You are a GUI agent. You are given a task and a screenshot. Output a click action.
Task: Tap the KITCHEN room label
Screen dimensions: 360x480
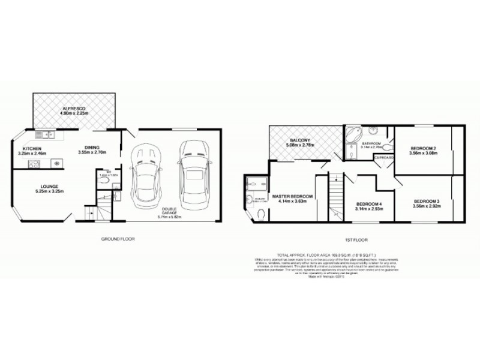(x=32, y=148)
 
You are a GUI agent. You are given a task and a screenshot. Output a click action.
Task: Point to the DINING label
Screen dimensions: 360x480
(x=92, y=148)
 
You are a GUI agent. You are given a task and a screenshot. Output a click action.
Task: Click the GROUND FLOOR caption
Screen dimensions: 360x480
(x=118, y=238)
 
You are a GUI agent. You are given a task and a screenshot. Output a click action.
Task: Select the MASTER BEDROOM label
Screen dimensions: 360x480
(x=293, y=196)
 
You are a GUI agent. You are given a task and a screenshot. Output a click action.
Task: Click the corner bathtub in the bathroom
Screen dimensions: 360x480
(x=352, y=135)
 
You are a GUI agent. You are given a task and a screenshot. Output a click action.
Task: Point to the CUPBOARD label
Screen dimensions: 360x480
(x=384, y=157)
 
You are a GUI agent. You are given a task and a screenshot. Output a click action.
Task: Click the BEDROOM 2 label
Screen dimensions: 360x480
(x=423, y=148)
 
